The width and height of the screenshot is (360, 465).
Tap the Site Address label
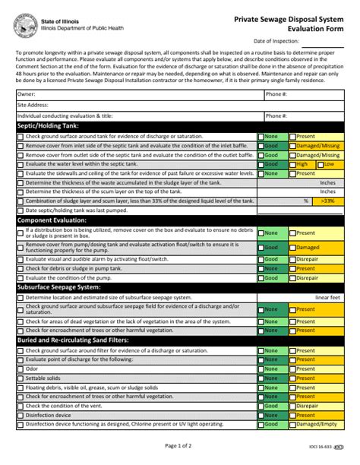point(31,105)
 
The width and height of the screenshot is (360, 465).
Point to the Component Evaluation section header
point(52,220)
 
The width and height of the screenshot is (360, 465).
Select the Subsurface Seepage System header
point(58,287)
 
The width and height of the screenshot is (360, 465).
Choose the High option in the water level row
point(302,164)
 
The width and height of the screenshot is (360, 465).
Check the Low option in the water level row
point(329,164)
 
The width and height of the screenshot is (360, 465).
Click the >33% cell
point(327,201)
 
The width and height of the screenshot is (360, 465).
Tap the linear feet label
point(328,298)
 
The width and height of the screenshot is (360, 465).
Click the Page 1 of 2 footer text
point(180,445)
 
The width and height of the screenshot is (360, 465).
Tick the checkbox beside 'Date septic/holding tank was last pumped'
point(20,210)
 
